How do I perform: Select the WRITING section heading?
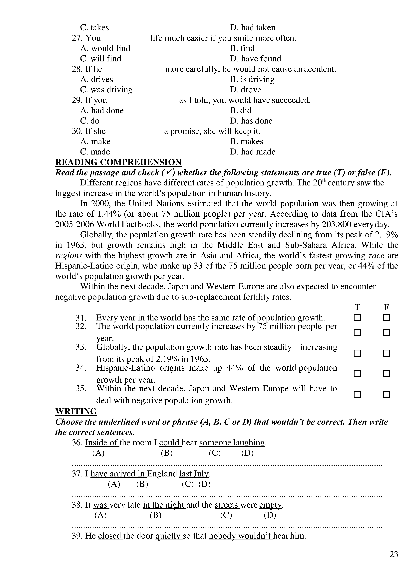[76, 411]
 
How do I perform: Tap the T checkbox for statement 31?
[357, 317]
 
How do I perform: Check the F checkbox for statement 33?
[386, 353]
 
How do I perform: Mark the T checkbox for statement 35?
[357, 395]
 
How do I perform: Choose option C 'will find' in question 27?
[101, 59]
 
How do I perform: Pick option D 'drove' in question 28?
[246, 90]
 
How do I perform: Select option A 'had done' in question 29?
[102, 110]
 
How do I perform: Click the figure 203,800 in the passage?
[337, 224]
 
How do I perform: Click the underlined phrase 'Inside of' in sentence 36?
[102, 443]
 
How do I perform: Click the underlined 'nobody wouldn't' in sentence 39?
[240, 536]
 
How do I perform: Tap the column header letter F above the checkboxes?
[386, 307]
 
